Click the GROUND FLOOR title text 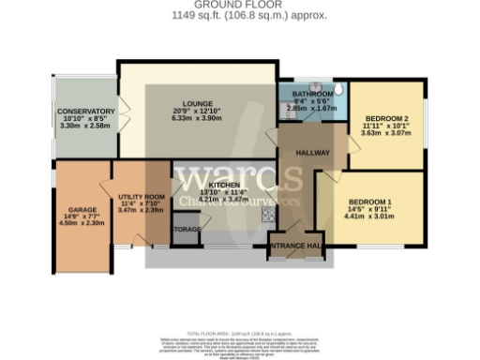(x=240, y=6)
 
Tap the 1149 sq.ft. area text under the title (x=240, y=15)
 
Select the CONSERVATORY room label (x=85, y=112)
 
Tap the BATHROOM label (x=310, y=95)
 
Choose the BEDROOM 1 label (x=369, y=202)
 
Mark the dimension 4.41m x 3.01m (x=369, y=217)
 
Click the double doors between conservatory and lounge (x=118, y=112)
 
